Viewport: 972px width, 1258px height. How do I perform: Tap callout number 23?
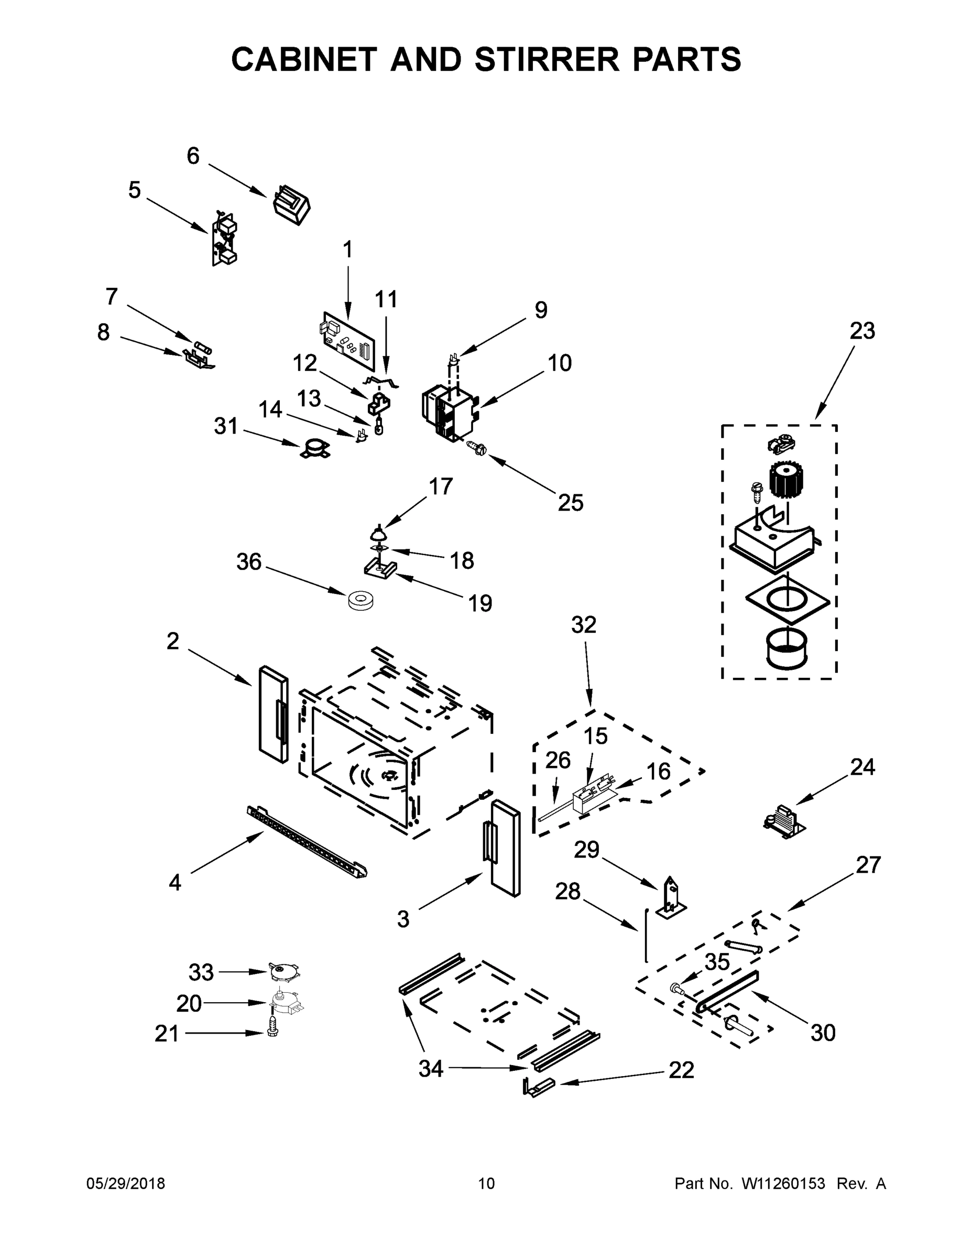(x=862, y=331)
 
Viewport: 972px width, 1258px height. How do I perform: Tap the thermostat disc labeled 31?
(x=315, y=449)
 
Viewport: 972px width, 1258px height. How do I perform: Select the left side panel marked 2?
(x=273, y=714)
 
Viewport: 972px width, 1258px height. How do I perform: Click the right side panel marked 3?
(x=505, y=847)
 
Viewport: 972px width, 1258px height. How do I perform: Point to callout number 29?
(x=587, y=850)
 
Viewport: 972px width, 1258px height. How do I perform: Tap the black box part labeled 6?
(x=291, y=204)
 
